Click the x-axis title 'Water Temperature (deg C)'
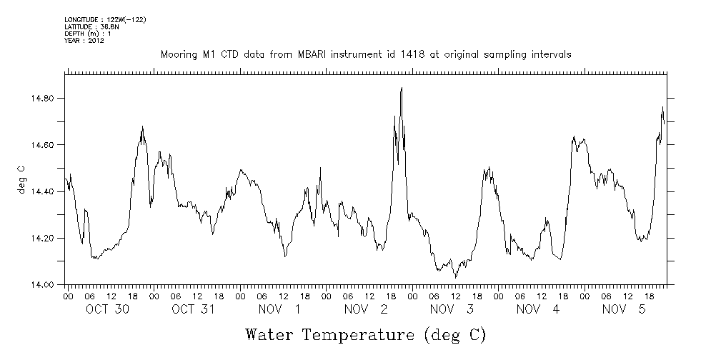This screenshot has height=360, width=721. [x=367, y=334]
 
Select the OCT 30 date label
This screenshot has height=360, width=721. [x=107, y=309]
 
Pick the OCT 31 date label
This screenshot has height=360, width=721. [x=194, y=309]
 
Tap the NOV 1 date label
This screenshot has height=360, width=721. [x=279, y=309]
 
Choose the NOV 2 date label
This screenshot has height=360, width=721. [x=366, y=309]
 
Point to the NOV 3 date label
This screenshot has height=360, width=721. [x=452, y=309]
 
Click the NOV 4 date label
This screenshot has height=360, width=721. [x=537, y=309]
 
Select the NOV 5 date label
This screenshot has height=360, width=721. [x=624, y=309]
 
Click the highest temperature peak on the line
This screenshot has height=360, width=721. [x=402, y=88]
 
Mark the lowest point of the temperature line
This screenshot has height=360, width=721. [x=455, y=277]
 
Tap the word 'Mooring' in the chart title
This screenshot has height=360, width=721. [x=178, y=54]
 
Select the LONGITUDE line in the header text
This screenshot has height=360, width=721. [x=105, y=19]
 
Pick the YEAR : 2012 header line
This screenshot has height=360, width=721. [x=84, y=41]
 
